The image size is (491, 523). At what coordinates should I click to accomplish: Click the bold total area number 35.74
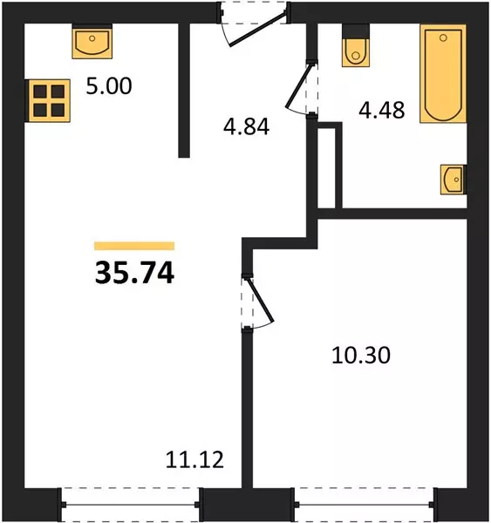pyautogui.click(x=134, y=273)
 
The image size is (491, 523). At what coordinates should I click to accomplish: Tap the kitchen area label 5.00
pyautogui.click(x=109, y=85)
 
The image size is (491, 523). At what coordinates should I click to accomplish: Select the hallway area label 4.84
pyautogui.click(x=246, y=126)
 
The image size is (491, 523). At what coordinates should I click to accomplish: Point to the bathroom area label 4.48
pyautogui.click(x=382, y=110)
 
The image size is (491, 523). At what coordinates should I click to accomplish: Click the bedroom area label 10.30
pyautogui.click(x=361, y=356)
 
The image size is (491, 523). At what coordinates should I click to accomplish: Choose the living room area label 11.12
pyautogui.click(x=194, y=459)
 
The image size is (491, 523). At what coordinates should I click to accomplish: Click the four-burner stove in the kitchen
pyautogui.click(x=49, y=101)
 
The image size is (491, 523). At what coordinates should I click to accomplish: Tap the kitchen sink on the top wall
pyautogui.click(x=92, y=41)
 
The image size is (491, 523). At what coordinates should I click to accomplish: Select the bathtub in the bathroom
pyautogui.click(x=443, y=74)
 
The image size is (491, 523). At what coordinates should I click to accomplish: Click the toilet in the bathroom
pyautogui.click(x=356, y=45)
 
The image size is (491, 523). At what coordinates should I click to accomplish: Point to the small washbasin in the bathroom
pyautogui.click(x=453, y=180)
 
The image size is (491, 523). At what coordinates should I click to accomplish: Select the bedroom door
pyautogui.click(x=260, y=302)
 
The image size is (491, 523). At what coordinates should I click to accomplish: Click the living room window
pyautogui.click(x=131, y=505)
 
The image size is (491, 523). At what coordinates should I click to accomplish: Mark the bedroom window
pyautogui.click(x=365, y=505)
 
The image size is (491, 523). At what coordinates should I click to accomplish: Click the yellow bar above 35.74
pyautogui.click(x=134, y=246)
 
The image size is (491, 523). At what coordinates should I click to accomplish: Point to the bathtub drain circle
pyautogui.click(x=443, y=37)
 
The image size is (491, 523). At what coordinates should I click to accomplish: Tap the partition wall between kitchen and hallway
pyautogui.click(x=184, y=91)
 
